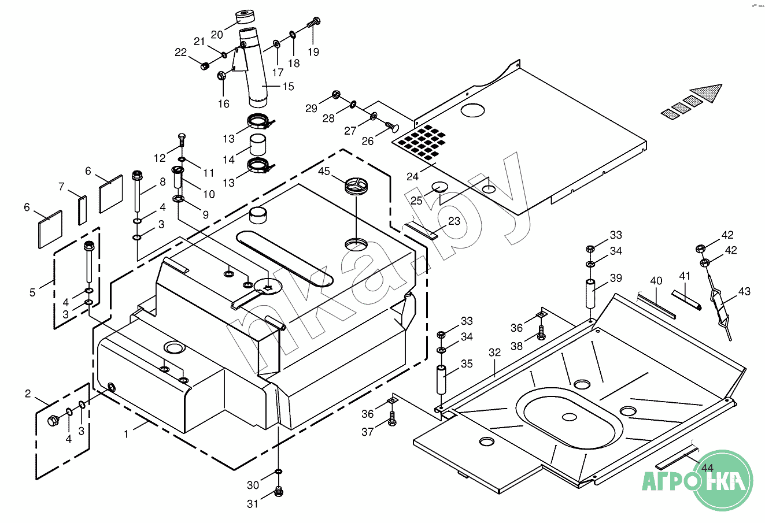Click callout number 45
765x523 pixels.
tap(324, 171)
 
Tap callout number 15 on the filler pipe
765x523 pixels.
tap(288, 86)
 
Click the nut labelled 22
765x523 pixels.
tap(204, 66)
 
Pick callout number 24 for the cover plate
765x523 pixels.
tap(412, 176)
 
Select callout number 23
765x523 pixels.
tap(454, 221)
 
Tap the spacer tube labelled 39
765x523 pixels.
tap(590, 294)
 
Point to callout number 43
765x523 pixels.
tap(744, 292)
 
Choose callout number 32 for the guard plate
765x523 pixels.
tap(494, 353)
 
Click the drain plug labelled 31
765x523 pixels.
tap(279, 492)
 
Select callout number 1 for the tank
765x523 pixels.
tap(127, 434)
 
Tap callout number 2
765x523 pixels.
tap(28, 394)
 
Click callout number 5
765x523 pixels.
tap(32, 292)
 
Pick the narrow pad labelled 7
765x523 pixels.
tap(82, 210)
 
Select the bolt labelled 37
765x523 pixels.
tap(391, 420)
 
